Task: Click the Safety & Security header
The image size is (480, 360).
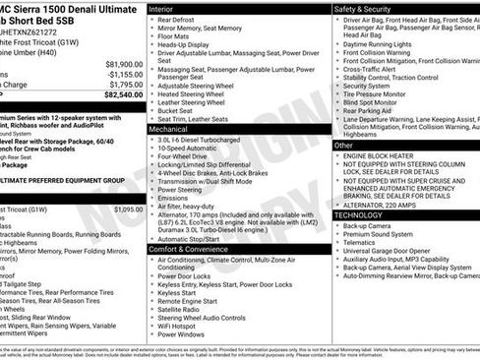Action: pyautogui.click(x=363, y=8)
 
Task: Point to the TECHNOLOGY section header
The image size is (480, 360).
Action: pyautogui.click(x=358, y=214)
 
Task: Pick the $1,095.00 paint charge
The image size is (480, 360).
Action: pyautogui.click(x=128, y=210)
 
